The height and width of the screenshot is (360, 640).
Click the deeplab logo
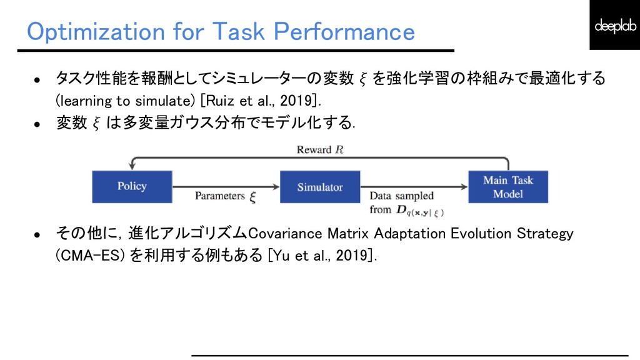(615, 25)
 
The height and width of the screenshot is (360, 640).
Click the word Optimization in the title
(96, 32)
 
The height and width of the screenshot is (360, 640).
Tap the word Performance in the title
(344, 31)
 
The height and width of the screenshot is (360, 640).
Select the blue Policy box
(132, 186)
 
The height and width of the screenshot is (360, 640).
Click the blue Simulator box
(320, 186)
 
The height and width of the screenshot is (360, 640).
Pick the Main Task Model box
(508, 186)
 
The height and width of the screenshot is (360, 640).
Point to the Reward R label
(321, 150)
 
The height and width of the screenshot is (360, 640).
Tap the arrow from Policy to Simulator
(226, 186)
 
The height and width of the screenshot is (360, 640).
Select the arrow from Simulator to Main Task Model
(414, 186)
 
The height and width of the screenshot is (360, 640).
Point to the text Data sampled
(402, 196)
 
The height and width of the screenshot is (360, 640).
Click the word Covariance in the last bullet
(285, 234)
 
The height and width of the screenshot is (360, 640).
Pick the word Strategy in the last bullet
(545, 234)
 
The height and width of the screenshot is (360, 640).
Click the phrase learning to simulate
(125, 101)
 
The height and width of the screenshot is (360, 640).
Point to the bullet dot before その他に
(37, 235)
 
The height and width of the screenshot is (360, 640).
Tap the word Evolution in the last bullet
(481, 234)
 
